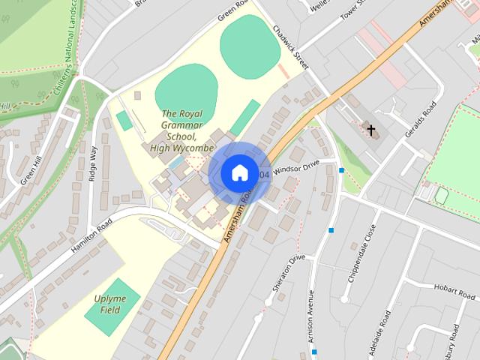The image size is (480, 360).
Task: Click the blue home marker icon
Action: (239, 172)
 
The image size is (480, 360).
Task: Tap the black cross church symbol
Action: (370, 130)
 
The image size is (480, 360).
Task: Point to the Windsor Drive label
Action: (295, 167)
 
